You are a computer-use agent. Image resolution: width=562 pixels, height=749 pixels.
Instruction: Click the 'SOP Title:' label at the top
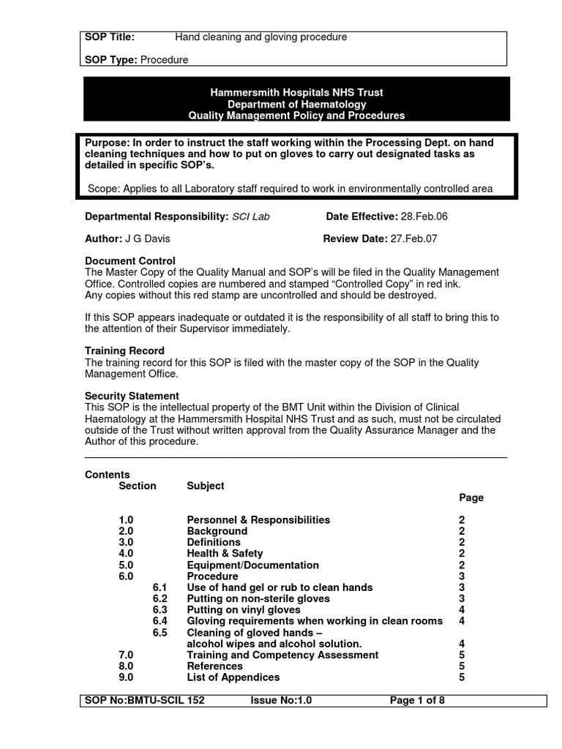[x=110, y=37]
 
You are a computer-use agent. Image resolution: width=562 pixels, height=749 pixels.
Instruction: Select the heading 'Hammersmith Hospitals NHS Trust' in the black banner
[x=296, y=93]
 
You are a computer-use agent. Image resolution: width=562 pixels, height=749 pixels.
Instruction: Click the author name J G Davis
[x=147, y=238]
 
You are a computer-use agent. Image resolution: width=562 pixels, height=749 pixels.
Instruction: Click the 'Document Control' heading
[x=130, y=261]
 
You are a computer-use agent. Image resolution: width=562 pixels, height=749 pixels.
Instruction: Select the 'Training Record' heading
[x=124, y=351]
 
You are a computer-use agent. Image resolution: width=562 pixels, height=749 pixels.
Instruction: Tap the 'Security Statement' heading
[x=132, y=396]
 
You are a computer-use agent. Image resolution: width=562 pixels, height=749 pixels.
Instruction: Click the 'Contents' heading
[x=108, y=475]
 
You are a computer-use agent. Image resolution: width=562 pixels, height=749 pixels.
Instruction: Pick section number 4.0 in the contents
[x=126, y=554]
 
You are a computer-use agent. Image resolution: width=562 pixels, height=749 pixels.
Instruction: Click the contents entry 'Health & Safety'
[x=225, y=554]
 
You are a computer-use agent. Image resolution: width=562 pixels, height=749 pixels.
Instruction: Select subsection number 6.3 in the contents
[x=160, y=610]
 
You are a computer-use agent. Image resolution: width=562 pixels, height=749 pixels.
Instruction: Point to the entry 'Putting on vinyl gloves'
[x=244, y=610]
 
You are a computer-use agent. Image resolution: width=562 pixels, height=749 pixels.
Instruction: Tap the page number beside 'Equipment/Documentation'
[x=462, y=565]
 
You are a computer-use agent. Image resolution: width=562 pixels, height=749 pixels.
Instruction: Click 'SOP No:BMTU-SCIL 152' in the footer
[x=145, y=701]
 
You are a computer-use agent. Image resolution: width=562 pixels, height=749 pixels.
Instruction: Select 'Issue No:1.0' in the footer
[x=281, y=701]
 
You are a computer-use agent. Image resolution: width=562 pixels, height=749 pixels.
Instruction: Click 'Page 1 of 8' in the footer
[x=417, y=701]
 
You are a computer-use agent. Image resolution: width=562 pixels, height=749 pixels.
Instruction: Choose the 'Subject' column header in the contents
[x=206, y=486]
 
